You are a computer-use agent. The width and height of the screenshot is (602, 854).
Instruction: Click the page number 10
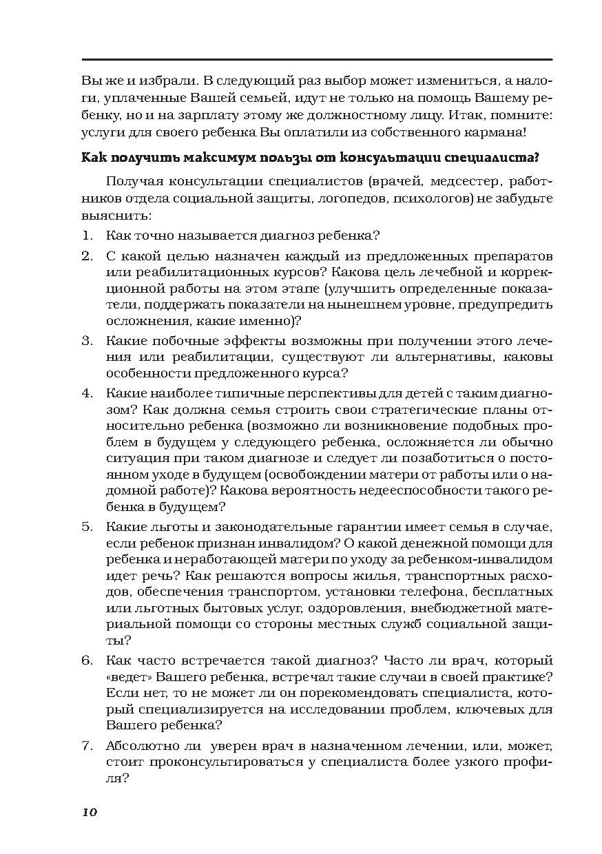[90, 812]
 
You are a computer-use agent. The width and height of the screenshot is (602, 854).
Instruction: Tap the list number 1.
[86, 236]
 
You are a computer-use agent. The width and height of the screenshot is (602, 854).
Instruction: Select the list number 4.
[87, 393]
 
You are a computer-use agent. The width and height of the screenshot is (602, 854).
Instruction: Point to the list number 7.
[87, 746]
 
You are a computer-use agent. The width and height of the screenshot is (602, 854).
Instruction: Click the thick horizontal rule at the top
[317, 60]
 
